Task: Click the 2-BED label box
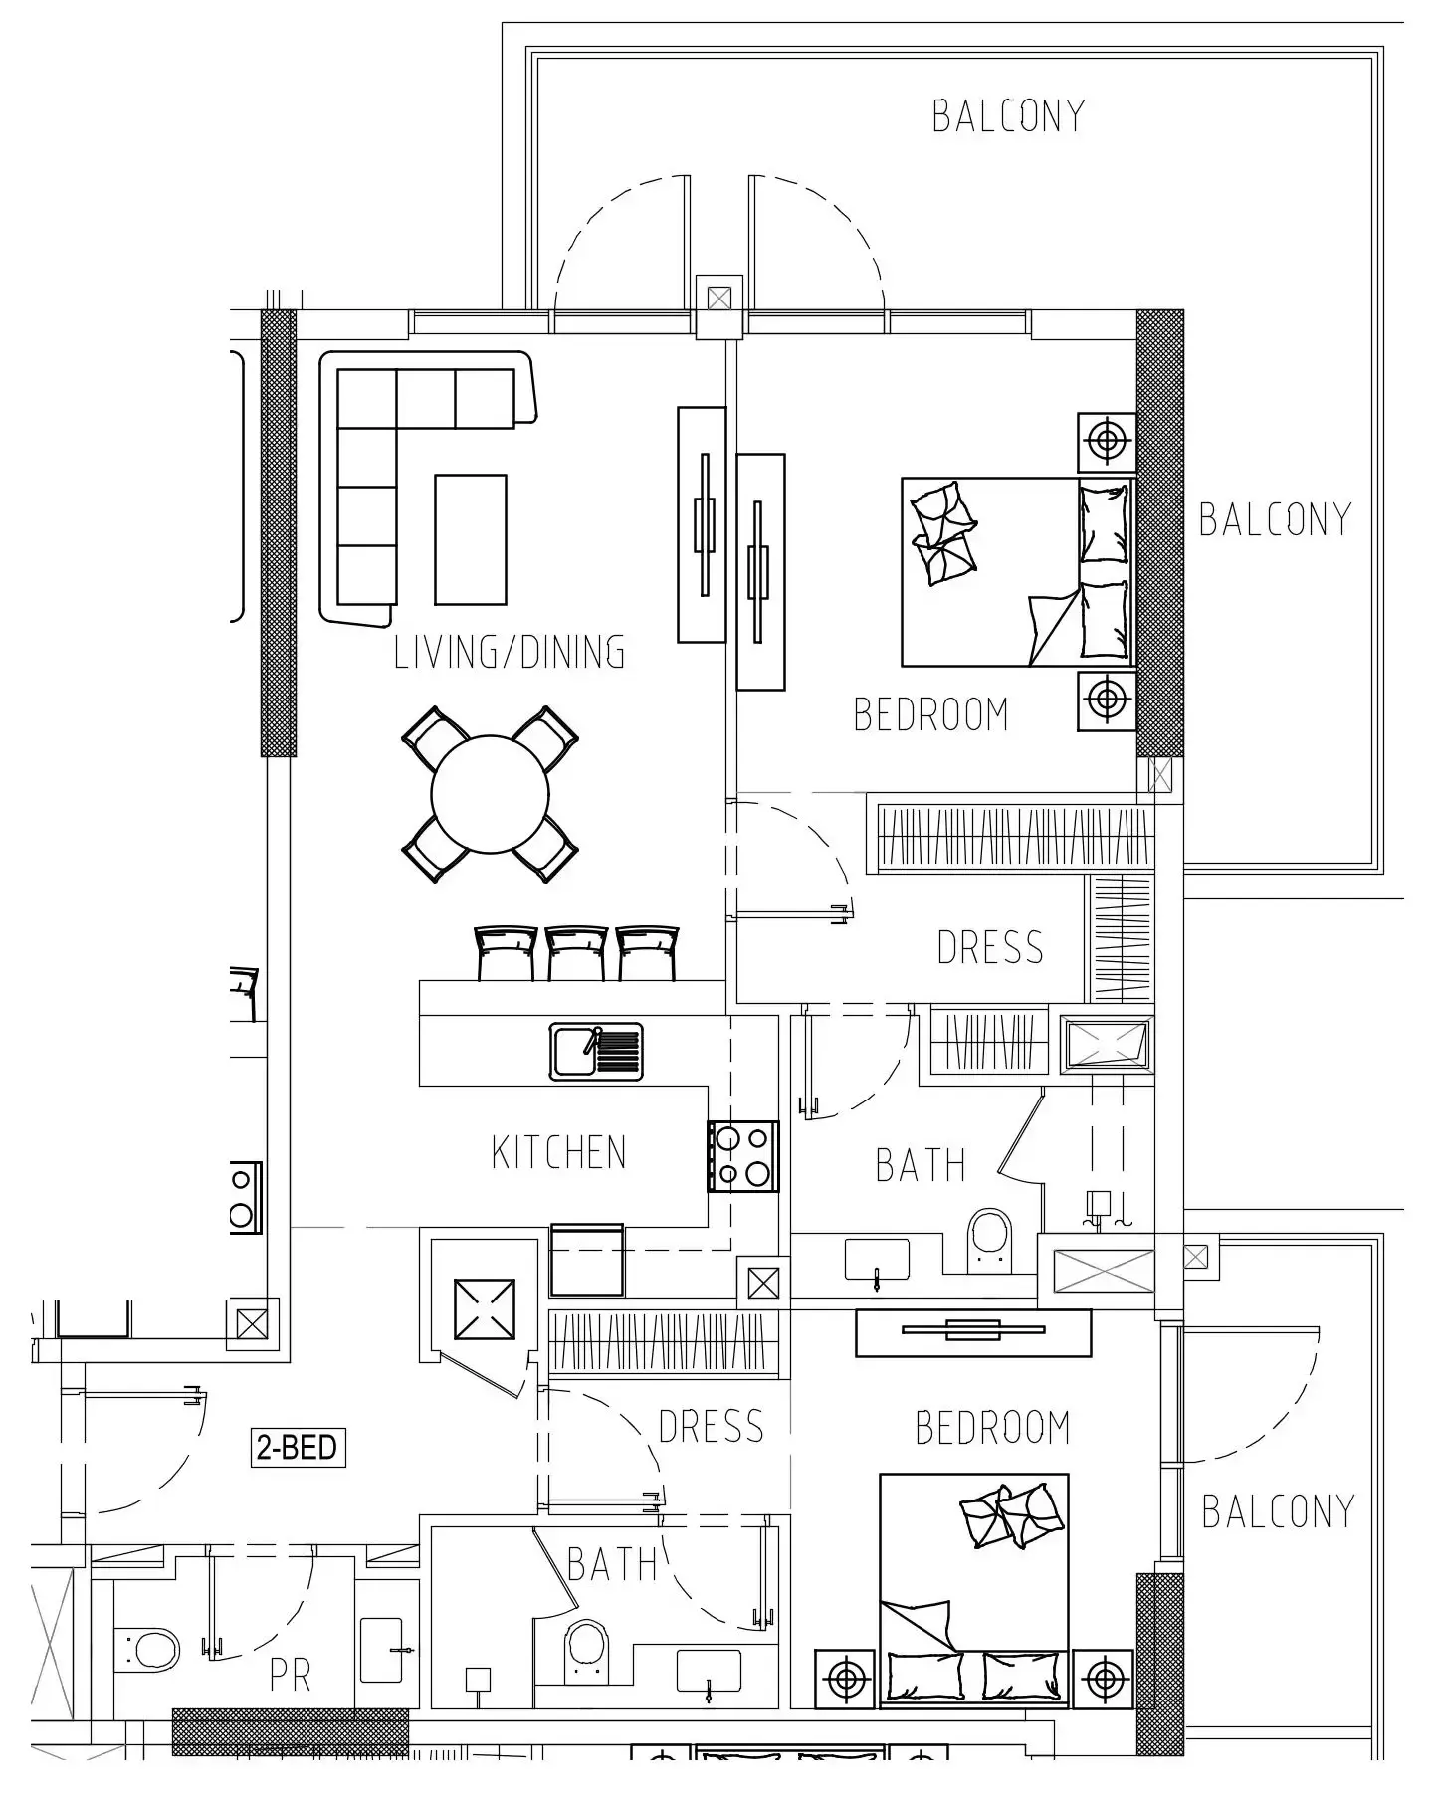pyautogui.click(x=297, y=1447)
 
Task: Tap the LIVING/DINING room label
pyautogui.click(x=510, y=652)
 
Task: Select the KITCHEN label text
pyautogui.click(x=559, y=1152)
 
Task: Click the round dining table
pyautogui.click(x=490, y=794)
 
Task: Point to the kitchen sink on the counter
pyautogui.click(x=596, y=1052)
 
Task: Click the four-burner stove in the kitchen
pyautogui.click(x=742, y=1156)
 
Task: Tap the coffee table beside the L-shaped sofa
pyautogui.click(x=471, y=539)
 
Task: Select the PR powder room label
pyautogui.click(x=291, y=1676)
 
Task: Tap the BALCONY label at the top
pyautogui.click(x=1008, y=116)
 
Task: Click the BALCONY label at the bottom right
pyautogui.click(x=1278, y=1511)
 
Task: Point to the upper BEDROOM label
pyautogui.click(x=931, y=714)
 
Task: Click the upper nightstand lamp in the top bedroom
pyautogui.click(x=1107, y=441)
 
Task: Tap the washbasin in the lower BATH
pyautogui.click(x=709, y=1671)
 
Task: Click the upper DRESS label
pyautogui.click(x=990, y=947)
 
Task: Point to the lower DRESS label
pyautogui.click(x=711, y=1426)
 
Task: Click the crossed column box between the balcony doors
pyautogui.click(x=718, y=298)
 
